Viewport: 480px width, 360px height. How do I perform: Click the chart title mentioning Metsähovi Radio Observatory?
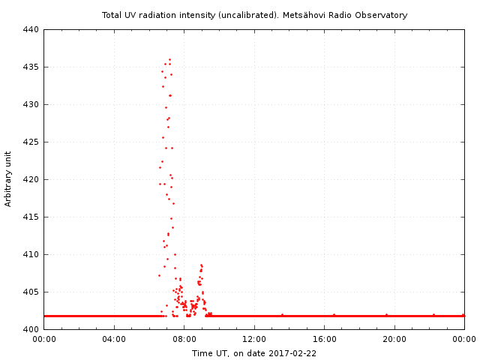(x=254, y=15)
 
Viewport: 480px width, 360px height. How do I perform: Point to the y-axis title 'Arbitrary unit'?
(x=8, y=178)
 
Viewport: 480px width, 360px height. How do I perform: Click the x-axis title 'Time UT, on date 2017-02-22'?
(x=254, y=352)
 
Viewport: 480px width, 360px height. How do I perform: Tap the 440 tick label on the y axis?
(x=30, y=30)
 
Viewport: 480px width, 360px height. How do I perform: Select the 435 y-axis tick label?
(x=30, y=67)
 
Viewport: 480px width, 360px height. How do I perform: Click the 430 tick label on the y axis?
(x=30, y=105)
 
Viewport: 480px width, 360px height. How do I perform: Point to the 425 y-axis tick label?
(x=30, y=142)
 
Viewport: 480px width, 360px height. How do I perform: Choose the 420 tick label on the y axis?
(x=30, y=180)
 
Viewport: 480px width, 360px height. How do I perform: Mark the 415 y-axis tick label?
(x=30, y=217)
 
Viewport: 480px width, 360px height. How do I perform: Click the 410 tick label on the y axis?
(x=30, y=255)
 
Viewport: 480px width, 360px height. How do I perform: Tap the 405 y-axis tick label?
(x=30, y=292)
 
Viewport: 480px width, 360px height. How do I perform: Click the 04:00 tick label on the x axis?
(x=114, y=340)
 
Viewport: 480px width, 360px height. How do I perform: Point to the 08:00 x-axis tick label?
(x=184, y=340)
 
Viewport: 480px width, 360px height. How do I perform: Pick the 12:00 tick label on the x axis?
(x=254, y=340)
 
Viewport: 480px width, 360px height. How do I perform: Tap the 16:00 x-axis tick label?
(x=324, y=340)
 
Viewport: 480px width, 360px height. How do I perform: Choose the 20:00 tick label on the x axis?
(x=394, y=340)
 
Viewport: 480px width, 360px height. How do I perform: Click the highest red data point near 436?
(x=169, y=59)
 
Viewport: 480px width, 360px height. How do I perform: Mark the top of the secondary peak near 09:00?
(x=201, y=265)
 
